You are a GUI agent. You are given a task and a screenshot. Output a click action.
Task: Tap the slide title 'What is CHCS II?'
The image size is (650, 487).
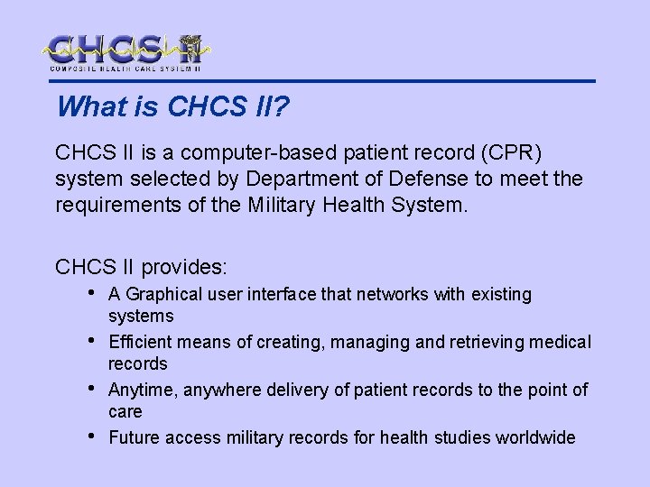[172, 106]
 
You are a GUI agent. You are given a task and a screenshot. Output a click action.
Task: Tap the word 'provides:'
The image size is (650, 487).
[186, 267]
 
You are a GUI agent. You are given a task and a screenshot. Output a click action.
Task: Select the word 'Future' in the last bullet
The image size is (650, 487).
[133, 437]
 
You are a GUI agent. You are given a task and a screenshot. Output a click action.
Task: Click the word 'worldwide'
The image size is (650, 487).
[535, 437]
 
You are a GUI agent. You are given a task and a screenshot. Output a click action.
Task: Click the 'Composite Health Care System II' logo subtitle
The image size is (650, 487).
[125, 69]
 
